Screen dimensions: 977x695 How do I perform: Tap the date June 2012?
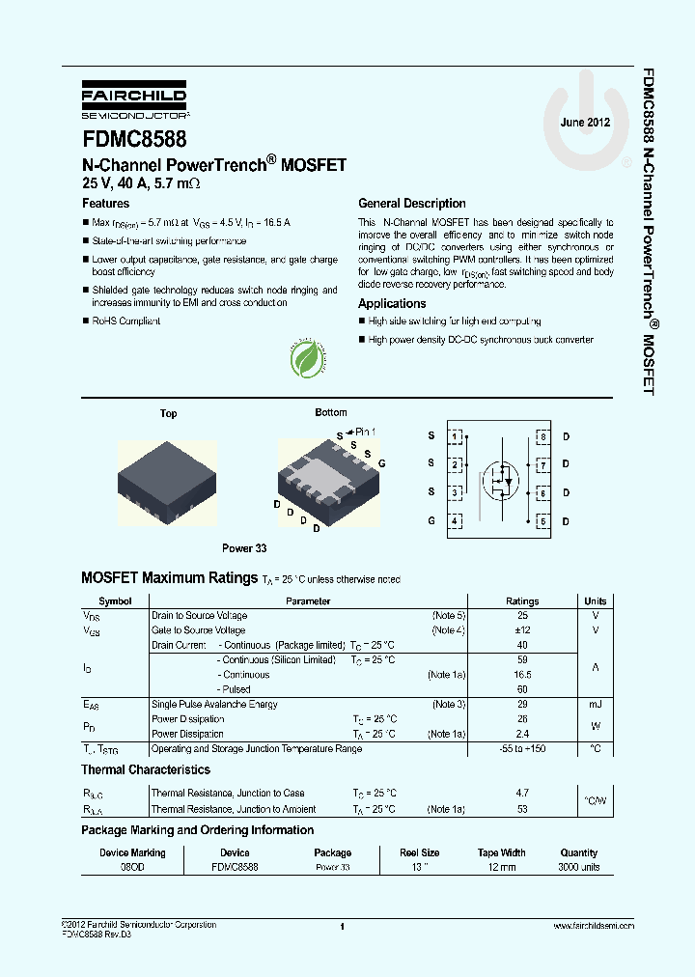point(585,123)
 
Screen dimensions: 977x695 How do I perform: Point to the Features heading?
point(105,204)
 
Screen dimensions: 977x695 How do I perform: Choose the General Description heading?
point(411,204)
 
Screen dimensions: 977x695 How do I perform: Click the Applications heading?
point(392,303)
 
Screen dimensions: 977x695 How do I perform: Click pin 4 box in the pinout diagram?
point(454,521)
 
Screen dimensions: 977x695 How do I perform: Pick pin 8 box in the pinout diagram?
point(543,436)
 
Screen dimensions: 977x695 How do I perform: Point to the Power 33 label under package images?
point(244,548)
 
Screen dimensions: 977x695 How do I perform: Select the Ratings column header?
point(522,600)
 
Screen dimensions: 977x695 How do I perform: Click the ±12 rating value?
point(522,630)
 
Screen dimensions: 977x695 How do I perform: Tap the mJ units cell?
point(595,705)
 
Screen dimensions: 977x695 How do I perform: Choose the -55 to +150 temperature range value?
point(522,749)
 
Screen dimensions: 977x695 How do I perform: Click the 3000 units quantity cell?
point(579,867)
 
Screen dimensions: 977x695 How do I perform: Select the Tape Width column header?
point(501,852)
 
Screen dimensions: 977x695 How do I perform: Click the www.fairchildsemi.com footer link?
point(593,925)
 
